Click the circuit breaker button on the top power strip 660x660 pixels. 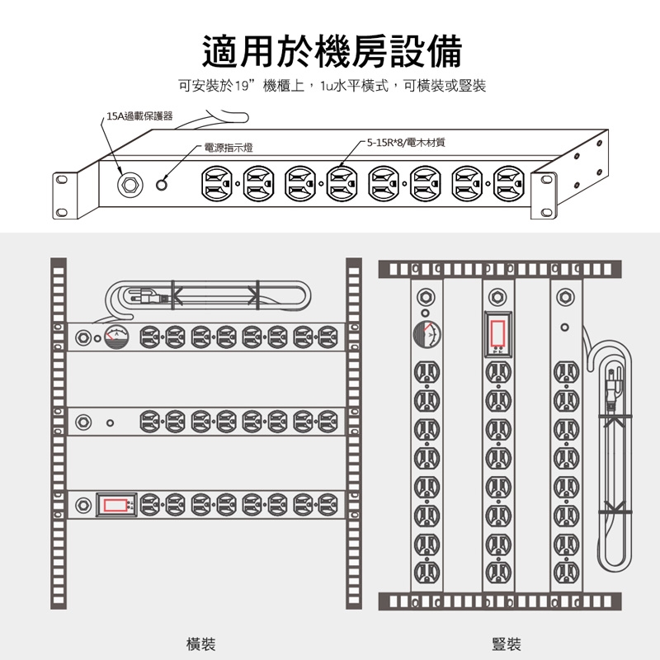129,183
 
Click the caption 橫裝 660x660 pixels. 200,643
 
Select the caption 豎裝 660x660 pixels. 506,643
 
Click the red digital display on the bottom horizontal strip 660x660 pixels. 115,503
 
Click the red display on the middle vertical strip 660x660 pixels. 497,333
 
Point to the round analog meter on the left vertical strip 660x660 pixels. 427,335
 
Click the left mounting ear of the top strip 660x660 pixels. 63,196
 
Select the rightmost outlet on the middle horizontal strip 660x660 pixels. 328,422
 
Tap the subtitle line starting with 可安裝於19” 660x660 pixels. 331,85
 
